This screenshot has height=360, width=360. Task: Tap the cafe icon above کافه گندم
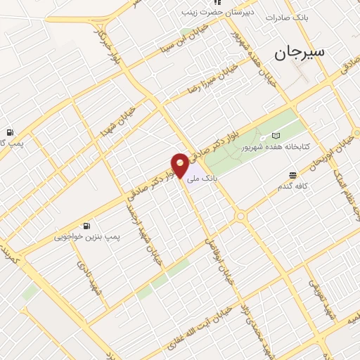(x=292, y=174)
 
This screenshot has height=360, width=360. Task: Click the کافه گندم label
(x=291, y=186)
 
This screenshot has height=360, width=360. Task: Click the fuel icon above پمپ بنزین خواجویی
(x=86, y=226)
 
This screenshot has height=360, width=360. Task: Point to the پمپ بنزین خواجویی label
(x=88, y=238)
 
